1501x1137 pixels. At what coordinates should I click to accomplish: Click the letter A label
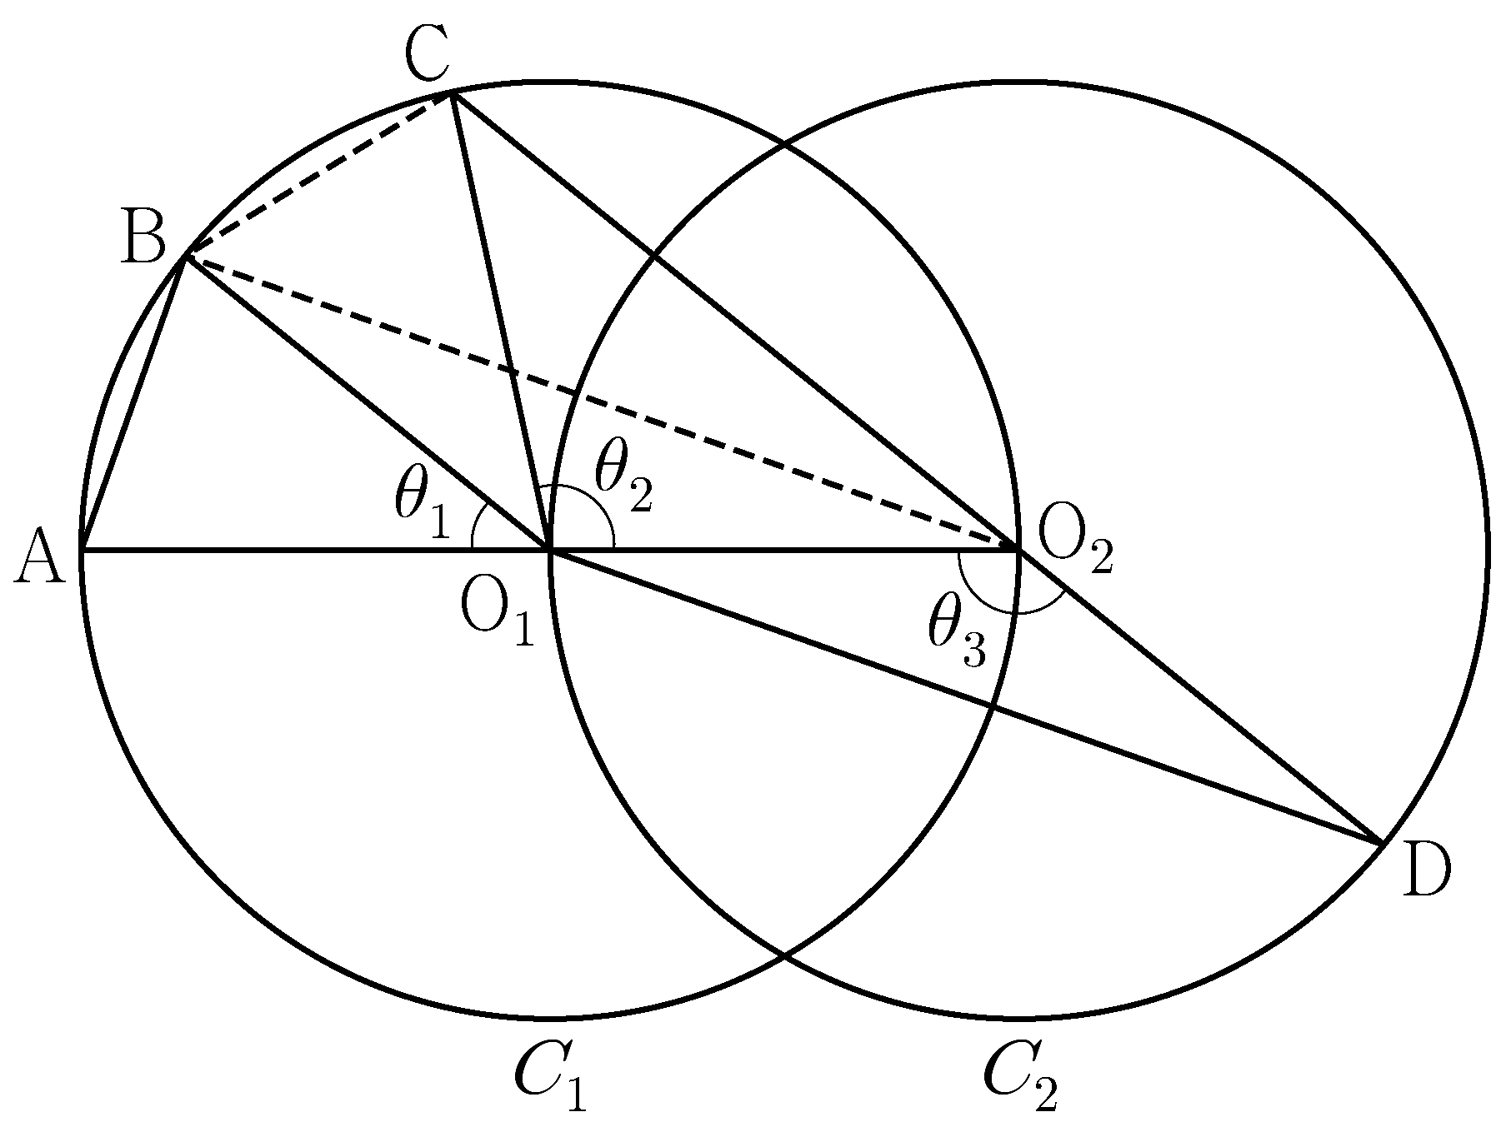coord(40,559)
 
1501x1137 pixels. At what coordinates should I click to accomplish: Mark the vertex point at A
coord(82,550)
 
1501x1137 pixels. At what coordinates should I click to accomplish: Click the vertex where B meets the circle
coord(185,257)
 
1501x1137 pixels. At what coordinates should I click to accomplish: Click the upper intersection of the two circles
coord(784,145)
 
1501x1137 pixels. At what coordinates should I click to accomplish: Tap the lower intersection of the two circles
coord(784,955)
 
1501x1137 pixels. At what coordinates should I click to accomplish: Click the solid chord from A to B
coord(133,403)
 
